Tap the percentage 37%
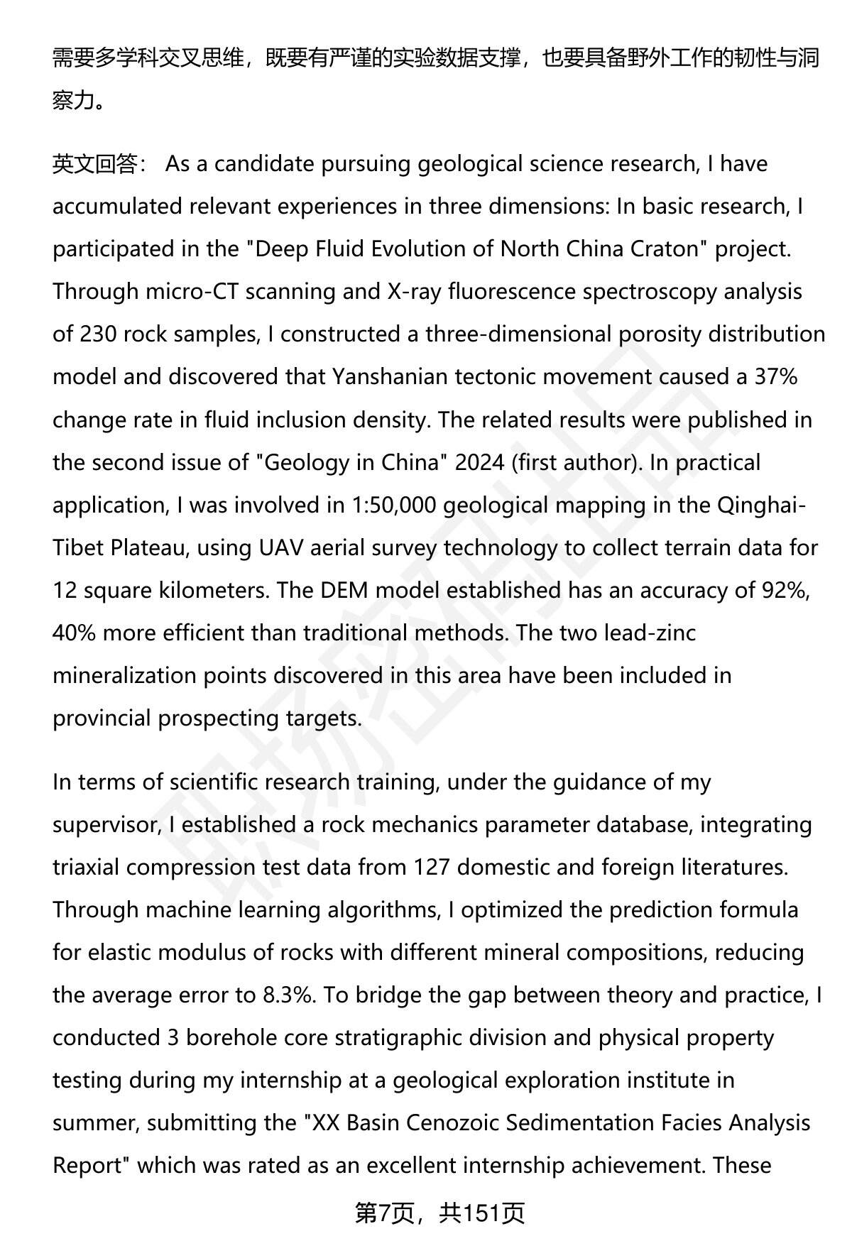click(x=776, y=377)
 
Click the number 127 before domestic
click(x=431, y=867)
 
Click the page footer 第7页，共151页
click(x=439, y=1213)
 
